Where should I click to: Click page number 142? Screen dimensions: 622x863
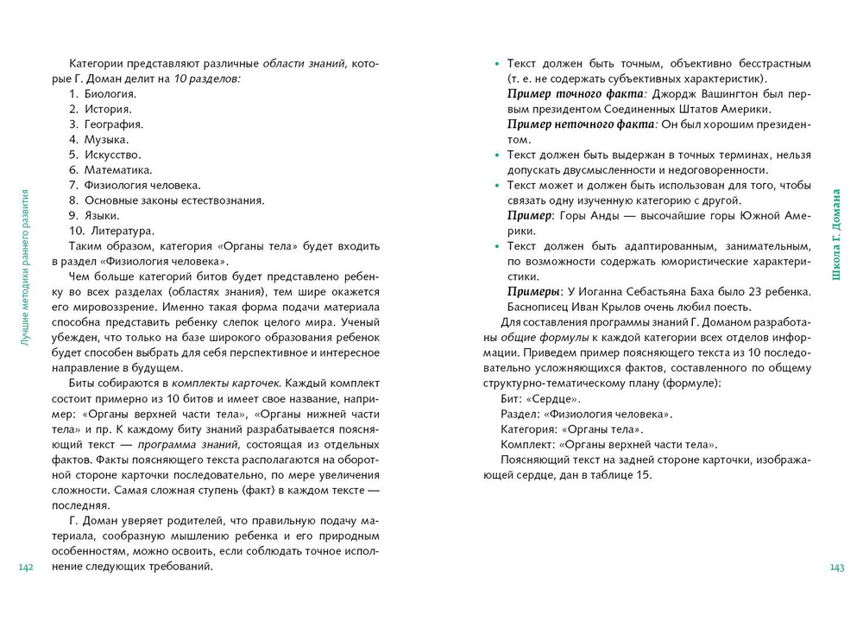[x=25, y=567]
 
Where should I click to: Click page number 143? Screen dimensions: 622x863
[x=836, y=567]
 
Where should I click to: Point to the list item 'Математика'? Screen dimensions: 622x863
[x=117, y=169]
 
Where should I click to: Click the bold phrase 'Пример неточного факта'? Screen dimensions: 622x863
[x=583, y=124]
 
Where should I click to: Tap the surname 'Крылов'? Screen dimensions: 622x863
[x=631, y=307]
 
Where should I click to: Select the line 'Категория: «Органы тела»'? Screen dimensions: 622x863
[x=572, y=428]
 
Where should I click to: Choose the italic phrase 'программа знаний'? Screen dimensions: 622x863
[x=181, y=444]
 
